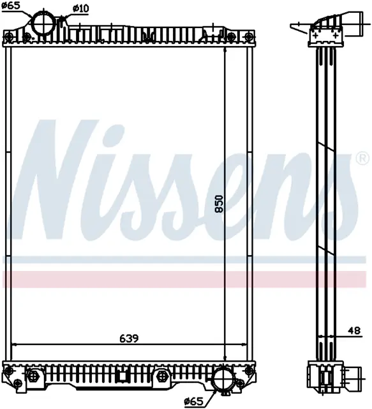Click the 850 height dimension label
219,204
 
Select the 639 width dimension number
129,339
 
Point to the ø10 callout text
80,8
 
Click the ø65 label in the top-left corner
11,5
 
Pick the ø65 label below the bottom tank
193,403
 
